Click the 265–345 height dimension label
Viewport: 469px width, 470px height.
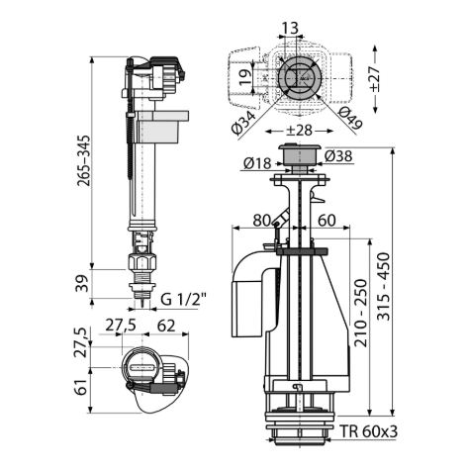[x=83, y=160]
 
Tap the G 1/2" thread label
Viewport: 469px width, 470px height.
[x=183, y=300]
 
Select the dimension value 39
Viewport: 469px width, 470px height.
[x=83, y=283]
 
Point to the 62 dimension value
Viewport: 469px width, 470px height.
[x=166, y=326]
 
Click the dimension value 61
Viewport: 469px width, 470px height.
[x=81, y=386]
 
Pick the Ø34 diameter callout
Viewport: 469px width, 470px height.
[x=244, y=123]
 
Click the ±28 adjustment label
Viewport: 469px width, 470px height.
[x=299, y=131]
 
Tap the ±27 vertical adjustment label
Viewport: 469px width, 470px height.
[x=374, y=79]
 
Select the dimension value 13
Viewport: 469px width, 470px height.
[x=289, y=28]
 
